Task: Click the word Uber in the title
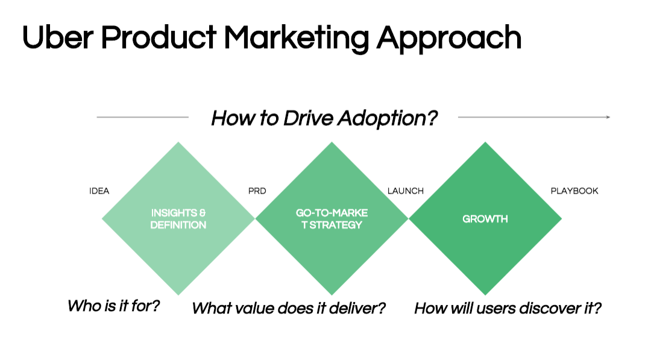(58, 37)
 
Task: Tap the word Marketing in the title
(297, 39)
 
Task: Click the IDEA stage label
(99, 191)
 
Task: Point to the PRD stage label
(257, 191)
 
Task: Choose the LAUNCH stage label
(406, 191)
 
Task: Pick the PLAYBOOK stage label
(574, 191)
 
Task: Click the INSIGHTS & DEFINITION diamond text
(178, 219)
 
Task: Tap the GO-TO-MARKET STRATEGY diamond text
(332, 219)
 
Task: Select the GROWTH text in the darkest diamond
(485, 219)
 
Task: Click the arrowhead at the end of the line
(608, 117)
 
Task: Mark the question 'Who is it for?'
(114, 306)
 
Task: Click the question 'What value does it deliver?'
(289, 308)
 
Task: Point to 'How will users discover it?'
(508, 308)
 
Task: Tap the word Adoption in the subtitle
(388, 119)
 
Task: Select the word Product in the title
(159, 37)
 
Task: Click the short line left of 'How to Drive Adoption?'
(143, 117)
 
